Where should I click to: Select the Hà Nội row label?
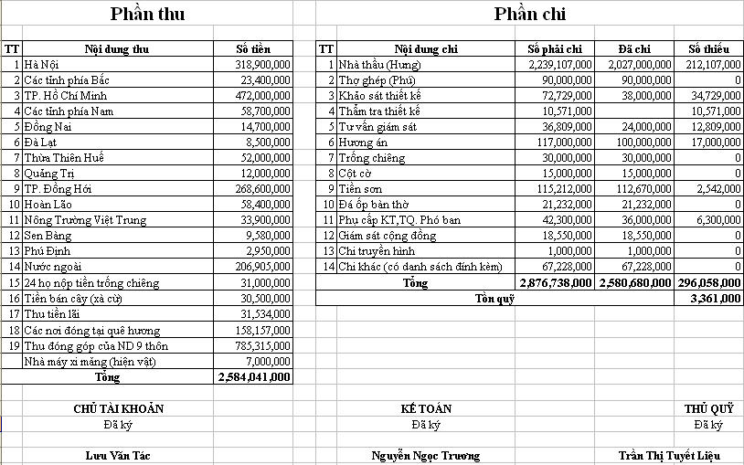41,65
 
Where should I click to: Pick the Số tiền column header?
254,49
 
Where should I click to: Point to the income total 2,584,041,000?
255,376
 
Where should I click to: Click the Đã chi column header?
634,49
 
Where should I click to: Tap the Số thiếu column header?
708,49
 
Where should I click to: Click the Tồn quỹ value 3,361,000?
716,298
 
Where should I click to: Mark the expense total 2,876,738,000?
557,283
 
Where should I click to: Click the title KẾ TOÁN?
426,408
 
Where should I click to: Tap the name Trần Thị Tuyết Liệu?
670,454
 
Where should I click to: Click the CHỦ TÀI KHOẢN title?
118,408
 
